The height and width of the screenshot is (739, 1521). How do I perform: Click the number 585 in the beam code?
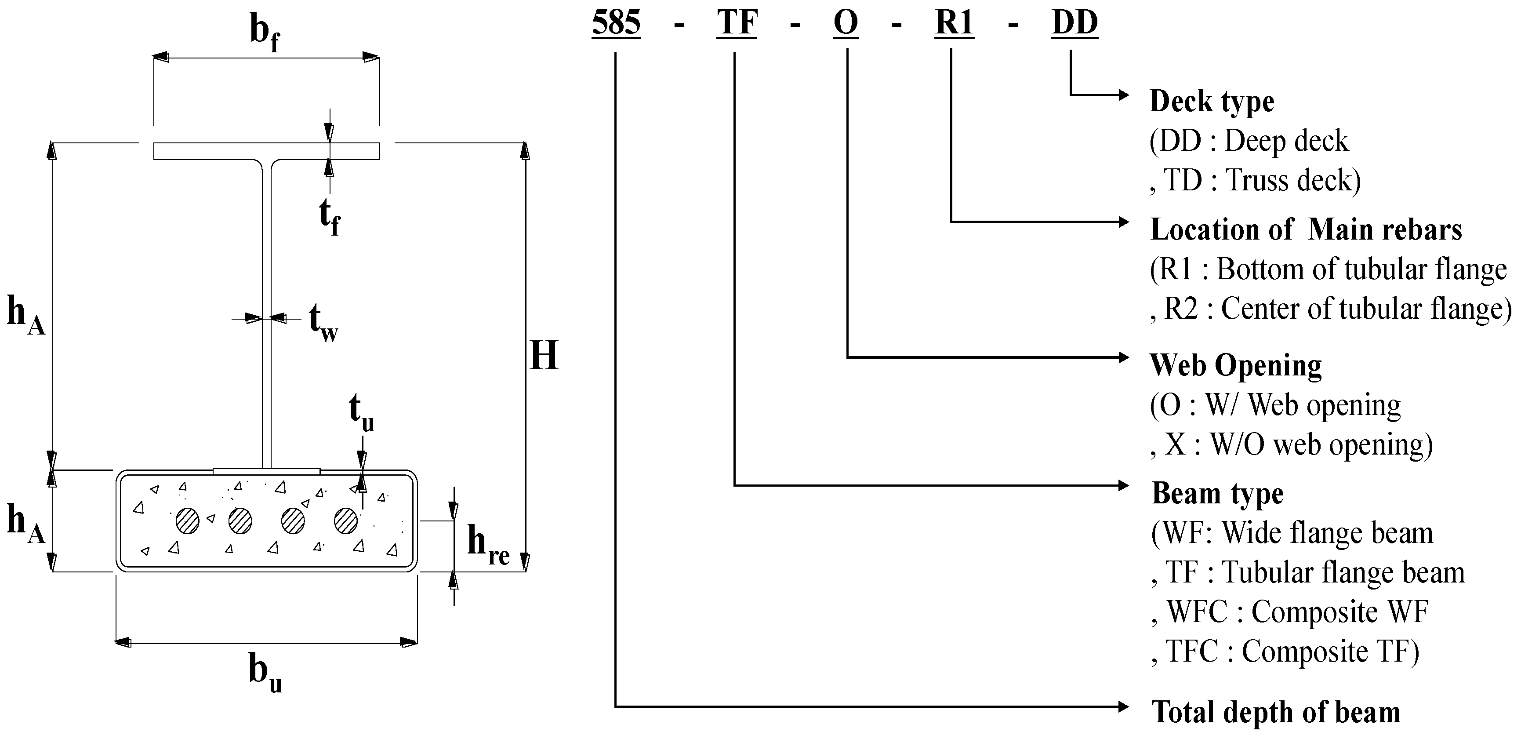pos(616,24)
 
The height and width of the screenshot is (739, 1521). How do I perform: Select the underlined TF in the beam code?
pos(736,24)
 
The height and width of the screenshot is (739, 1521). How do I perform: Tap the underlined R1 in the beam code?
pos(954,24)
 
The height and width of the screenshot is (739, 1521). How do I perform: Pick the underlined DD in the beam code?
pos(1074,24)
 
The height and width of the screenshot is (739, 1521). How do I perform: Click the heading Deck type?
pos(1212,102)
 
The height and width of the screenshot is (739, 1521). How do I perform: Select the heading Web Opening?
pos(1236,365)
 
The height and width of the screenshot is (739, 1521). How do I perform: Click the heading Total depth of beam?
pos(1275,711)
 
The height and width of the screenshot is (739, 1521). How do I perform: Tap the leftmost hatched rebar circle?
pos(188,521)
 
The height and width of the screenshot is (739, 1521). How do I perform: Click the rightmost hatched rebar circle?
pos(346,521)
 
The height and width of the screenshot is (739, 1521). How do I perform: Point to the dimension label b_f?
pos(264,33)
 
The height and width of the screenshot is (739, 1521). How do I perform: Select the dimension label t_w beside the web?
pos(323,323)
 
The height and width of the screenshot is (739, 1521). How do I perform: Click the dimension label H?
pos(544,356)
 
